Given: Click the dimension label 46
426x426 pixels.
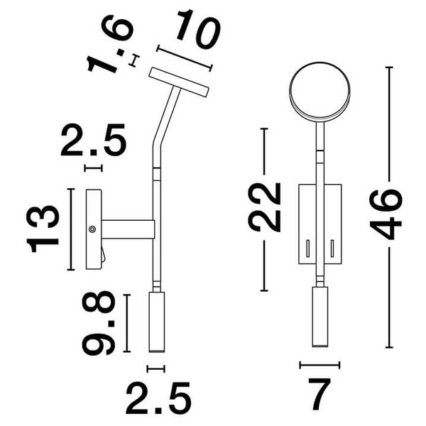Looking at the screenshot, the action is pyautogui.click(x=386, y=214).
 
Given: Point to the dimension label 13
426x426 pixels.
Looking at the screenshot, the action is pyautogui.click(x=43, y=229).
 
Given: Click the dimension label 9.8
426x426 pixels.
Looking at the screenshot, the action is pyautogui.click(x=99, y=323).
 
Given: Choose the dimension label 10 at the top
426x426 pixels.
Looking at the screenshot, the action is pyautogui.click(x=197, y=29).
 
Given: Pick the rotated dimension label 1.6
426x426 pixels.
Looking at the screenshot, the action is pyautogui.click(x=110, y=44).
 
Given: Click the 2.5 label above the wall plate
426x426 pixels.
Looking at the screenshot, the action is pyautogui.click(x=94, y=140).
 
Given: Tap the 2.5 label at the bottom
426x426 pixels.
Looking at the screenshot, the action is pyautogui.click(x=158, y=398).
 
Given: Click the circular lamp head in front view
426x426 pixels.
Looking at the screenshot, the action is pyautogui.click(x=319, y=92).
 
